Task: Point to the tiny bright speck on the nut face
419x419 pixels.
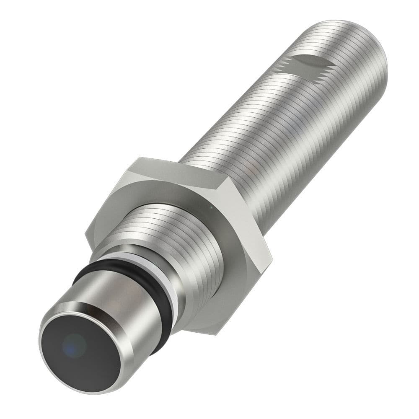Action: pos(212,207)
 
